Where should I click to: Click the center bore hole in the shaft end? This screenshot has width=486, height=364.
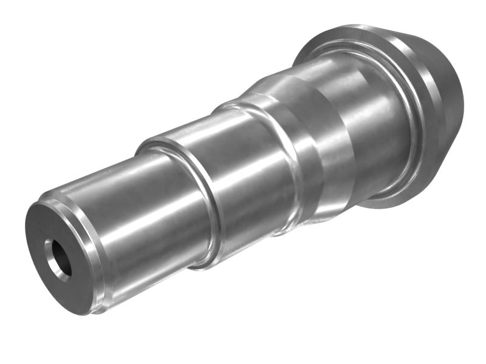pyautogui.click(x=56, y=257)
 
